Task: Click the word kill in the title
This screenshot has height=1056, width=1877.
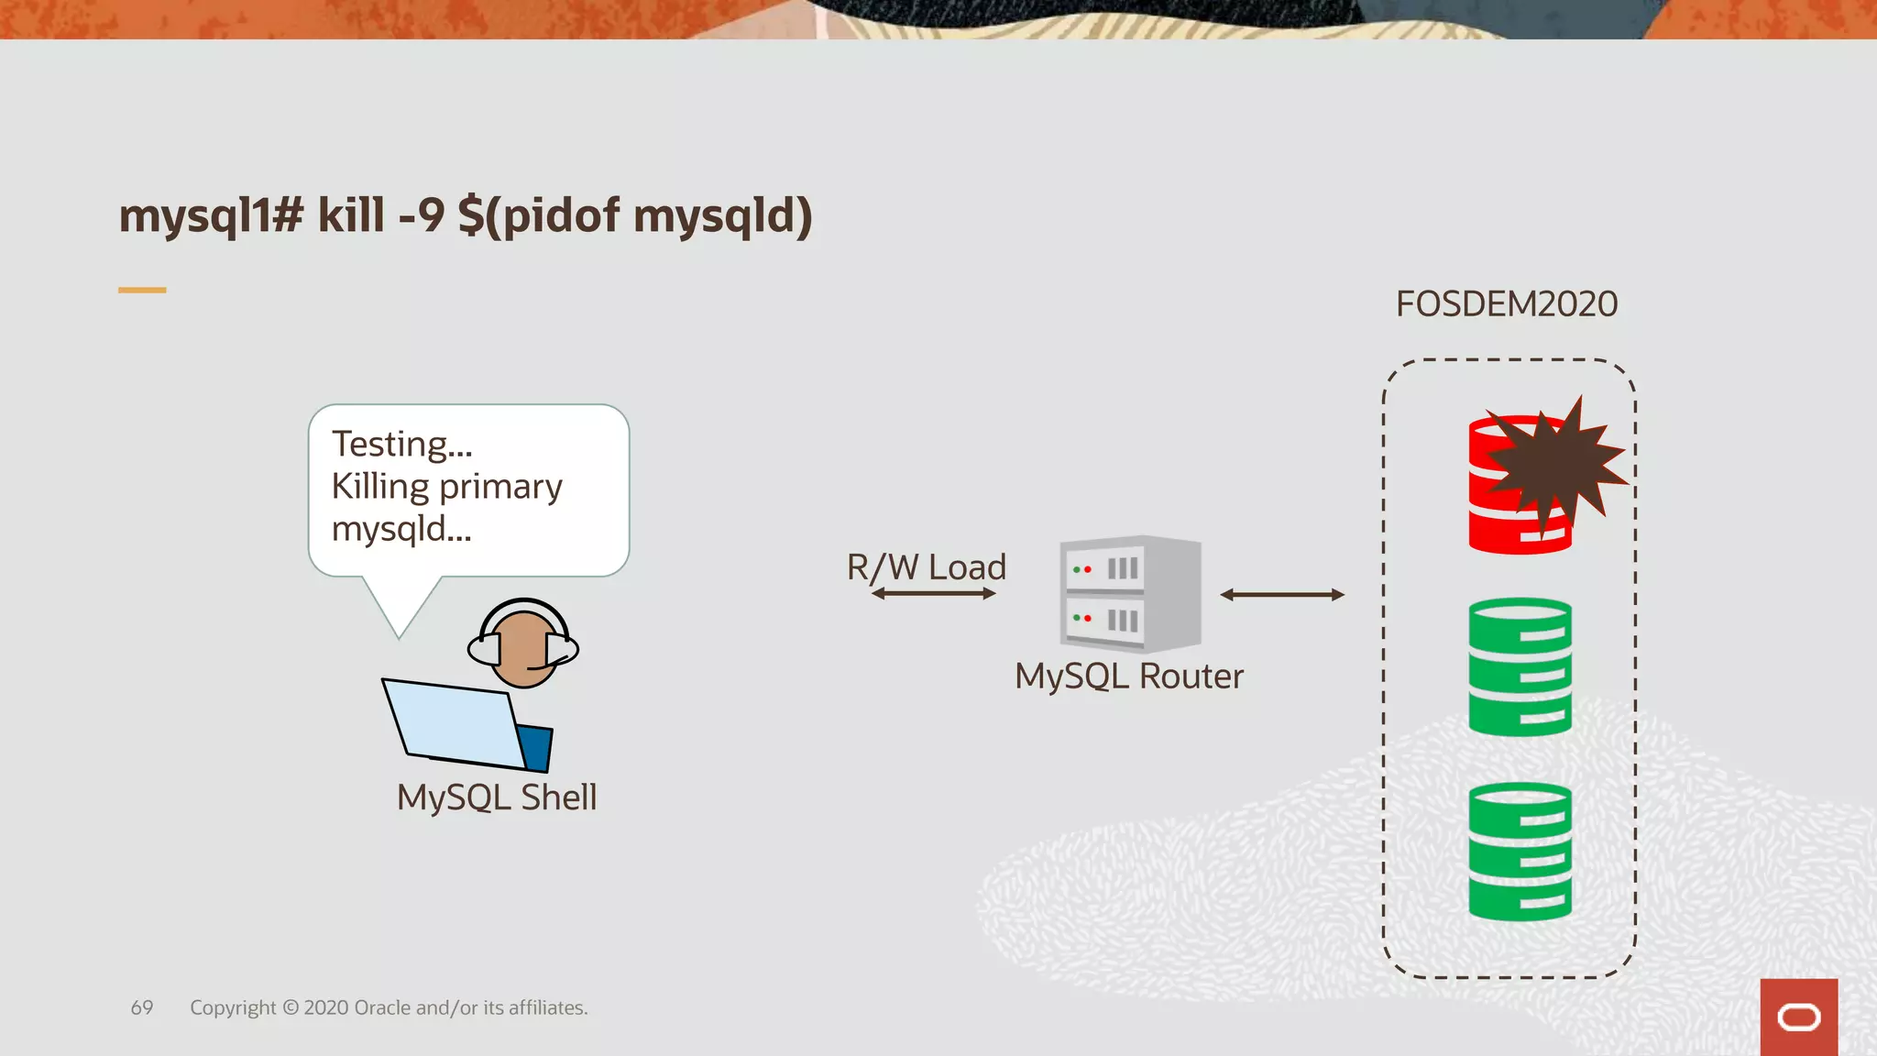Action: (351, 216)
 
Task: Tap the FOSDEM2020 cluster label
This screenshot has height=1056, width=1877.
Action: (1506, 304)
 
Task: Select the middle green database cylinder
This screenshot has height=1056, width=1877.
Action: (1520, 666)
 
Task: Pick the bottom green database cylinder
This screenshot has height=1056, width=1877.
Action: (1520, 851)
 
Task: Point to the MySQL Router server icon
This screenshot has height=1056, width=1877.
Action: (1129, 593)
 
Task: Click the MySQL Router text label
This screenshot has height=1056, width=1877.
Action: (1129, 676)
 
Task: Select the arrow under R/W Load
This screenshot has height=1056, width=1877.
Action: (933, 594)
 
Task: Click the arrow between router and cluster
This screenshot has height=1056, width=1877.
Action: (1281, 595)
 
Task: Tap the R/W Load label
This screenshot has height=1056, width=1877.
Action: (926, 566)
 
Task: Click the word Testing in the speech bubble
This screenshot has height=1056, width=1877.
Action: (401, 445)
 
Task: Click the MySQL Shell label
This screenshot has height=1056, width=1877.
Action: (496, 797)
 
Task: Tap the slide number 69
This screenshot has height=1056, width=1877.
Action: (142, 1007)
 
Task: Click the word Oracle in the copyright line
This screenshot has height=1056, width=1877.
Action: (382, 1007)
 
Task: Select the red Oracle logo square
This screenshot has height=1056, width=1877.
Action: (1798, 1017)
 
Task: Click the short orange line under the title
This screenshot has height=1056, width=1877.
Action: (142, 290)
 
